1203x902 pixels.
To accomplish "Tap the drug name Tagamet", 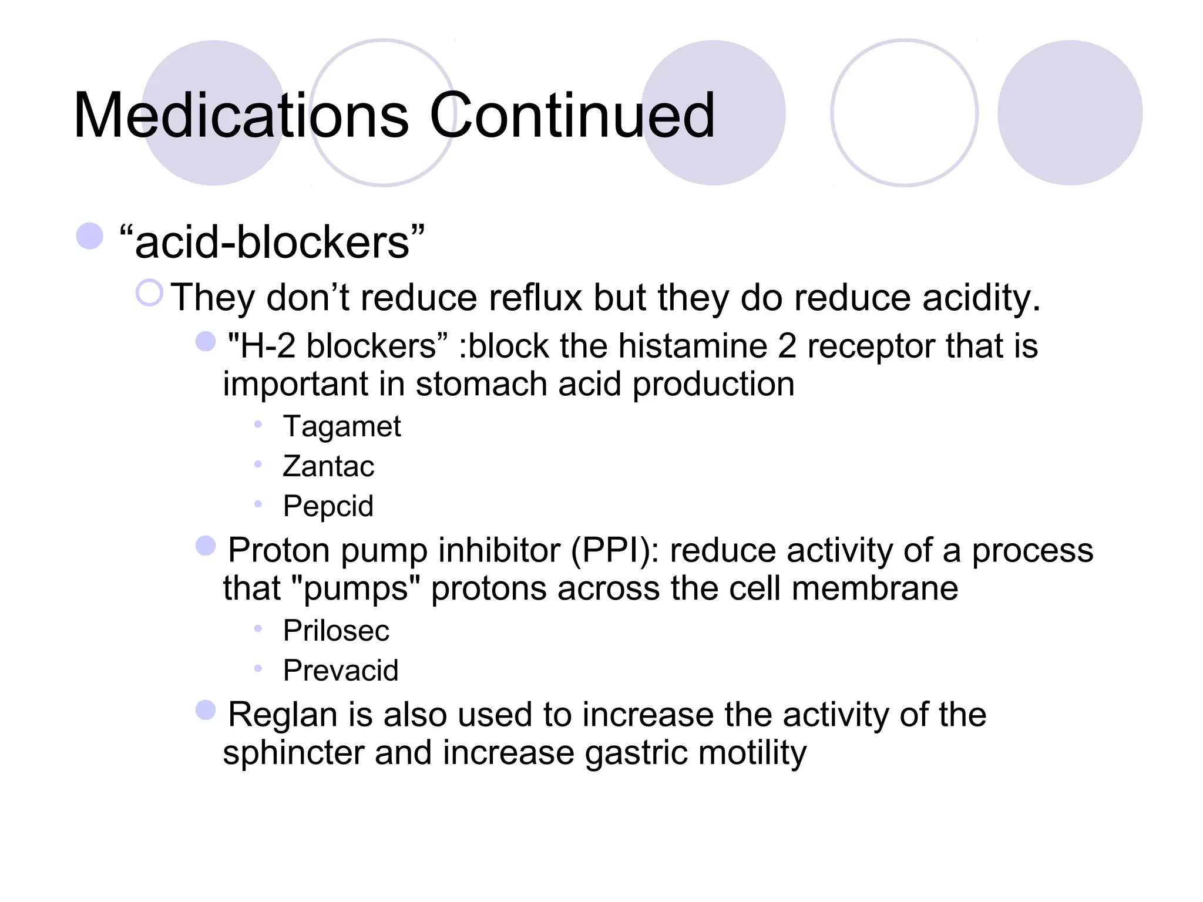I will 342,426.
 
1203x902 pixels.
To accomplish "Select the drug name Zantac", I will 328,466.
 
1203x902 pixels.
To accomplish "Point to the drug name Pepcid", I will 328,506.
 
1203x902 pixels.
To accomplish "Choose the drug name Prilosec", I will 336,631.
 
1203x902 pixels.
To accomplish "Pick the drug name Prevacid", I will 341,671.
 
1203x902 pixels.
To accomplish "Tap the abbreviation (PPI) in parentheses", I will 615,551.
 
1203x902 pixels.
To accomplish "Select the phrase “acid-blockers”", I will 271,242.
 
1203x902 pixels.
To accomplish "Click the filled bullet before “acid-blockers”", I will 90,236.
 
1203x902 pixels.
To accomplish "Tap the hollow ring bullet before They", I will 149,292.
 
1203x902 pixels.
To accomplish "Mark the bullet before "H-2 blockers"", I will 206,341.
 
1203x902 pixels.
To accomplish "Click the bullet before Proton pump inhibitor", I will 206,546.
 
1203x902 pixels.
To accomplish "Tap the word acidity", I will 981,298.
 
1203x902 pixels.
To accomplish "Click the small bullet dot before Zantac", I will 258,465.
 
